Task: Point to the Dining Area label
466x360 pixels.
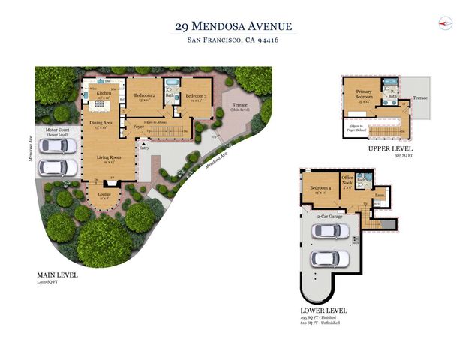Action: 102,124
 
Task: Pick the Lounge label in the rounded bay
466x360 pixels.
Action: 104,194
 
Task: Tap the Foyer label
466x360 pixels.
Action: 139,127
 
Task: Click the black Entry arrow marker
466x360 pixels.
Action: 137,148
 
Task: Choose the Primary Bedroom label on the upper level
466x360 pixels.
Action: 364,96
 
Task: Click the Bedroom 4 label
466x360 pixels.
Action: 320,187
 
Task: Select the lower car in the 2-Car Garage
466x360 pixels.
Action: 325,259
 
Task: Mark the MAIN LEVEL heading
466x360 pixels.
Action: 56,274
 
